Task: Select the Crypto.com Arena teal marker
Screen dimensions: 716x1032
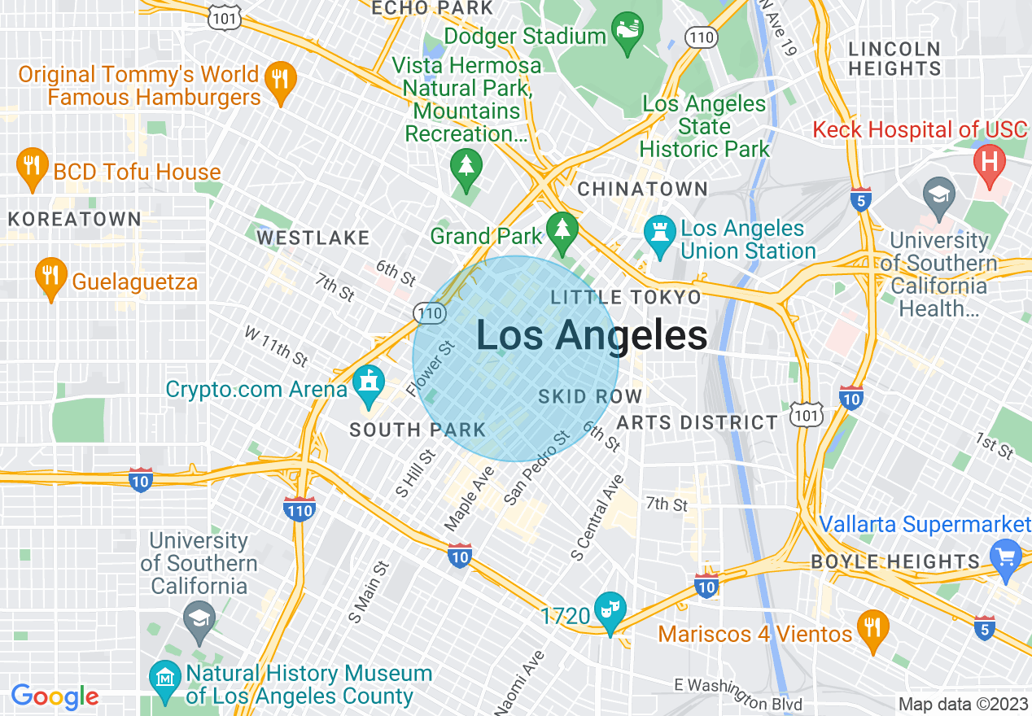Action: pos(369,386)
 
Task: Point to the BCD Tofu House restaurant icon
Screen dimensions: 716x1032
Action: pos(31,168)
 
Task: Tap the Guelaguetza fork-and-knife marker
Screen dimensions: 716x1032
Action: pos(50,278)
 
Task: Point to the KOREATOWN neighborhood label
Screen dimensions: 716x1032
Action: pos(75,219)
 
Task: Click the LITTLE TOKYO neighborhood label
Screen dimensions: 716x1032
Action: pos(625,297)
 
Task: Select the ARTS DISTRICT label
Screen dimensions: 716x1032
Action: pos(697,422)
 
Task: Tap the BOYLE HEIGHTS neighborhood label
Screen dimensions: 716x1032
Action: pos(895,561)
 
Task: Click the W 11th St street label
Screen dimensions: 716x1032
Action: pos(277,346)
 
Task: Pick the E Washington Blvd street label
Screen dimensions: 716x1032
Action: pos(739,693)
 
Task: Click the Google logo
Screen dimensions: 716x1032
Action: pos(55,696)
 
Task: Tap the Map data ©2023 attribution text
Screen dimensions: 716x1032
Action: pos(961,704)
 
